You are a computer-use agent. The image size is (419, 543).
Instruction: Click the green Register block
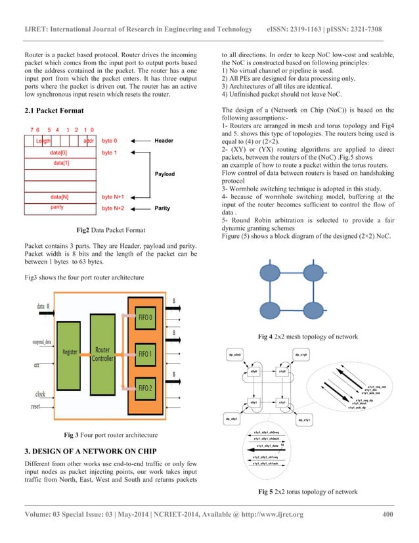pyautogui.click(x=70, y=352)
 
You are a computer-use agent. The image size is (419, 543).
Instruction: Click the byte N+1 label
pyautogui.click(x=114, y=197)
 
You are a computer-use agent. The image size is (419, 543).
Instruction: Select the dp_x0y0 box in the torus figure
pyautogui.click(x=235, y=356)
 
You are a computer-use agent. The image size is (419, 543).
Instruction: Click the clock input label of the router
pyautogui.click(x=45, y=394)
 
